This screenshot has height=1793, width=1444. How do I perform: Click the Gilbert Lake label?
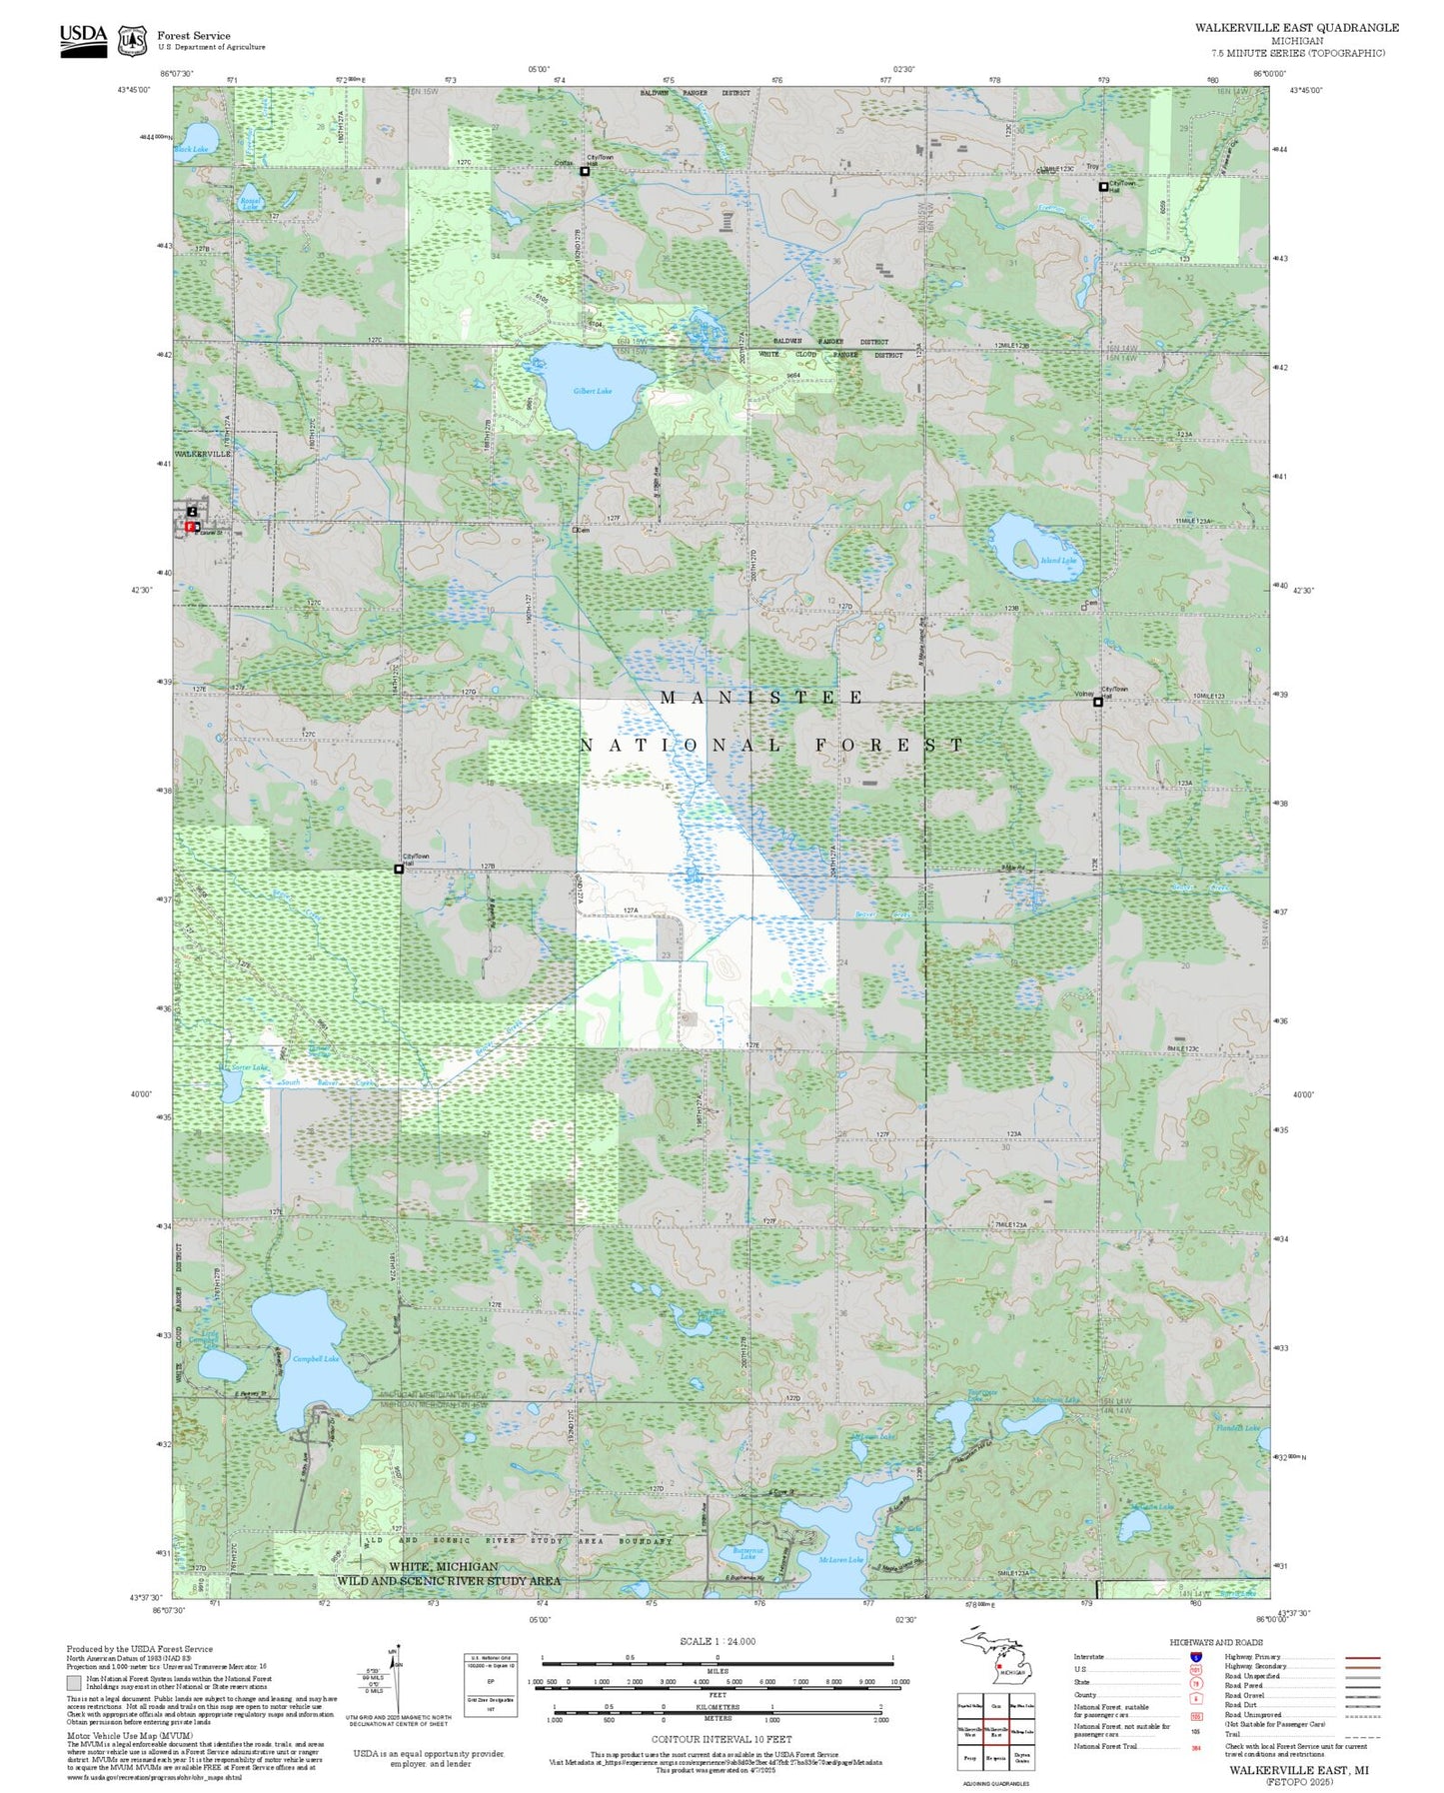[593, 391]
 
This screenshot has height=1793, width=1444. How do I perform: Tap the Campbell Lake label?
[315, 1358]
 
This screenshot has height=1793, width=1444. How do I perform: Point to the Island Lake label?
[1058, 561]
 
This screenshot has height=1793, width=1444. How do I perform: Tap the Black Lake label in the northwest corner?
[191, 149]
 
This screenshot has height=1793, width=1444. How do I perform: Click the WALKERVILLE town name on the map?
[203, 454]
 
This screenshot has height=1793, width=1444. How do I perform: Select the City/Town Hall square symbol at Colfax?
[586, 171]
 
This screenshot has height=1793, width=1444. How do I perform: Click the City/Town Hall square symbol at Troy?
[1103, 187]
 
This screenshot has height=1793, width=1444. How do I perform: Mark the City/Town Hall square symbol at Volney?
[1097, 702]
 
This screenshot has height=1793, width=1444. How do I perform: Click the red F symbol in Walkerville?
[190, 526]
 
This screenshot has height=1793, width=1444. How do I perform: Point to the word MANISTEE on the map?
[761, 698]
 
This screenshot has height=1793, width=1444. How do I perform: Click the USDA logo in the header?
[83, 40]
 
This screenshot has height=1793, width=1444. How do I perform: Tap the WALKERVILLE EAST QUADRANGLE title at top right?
[1296, 28]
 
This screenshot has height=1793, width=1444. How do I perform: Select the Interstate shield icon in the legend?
[1195, 1657]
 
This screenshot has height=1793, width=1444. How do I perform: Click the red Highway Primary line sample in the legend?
[1363, 1657]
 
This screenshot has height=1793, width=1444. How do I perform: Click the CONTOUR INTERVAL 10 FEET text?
[721, 1739]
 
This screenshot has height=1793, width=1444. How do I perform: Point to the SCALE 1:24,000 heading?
[717, 1641]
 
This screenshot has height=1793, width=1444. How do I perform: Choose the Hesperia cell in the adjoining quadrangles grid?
[995, 1757]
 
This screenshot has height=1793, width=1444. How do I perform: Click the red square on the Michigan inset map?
[999, 1666]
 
